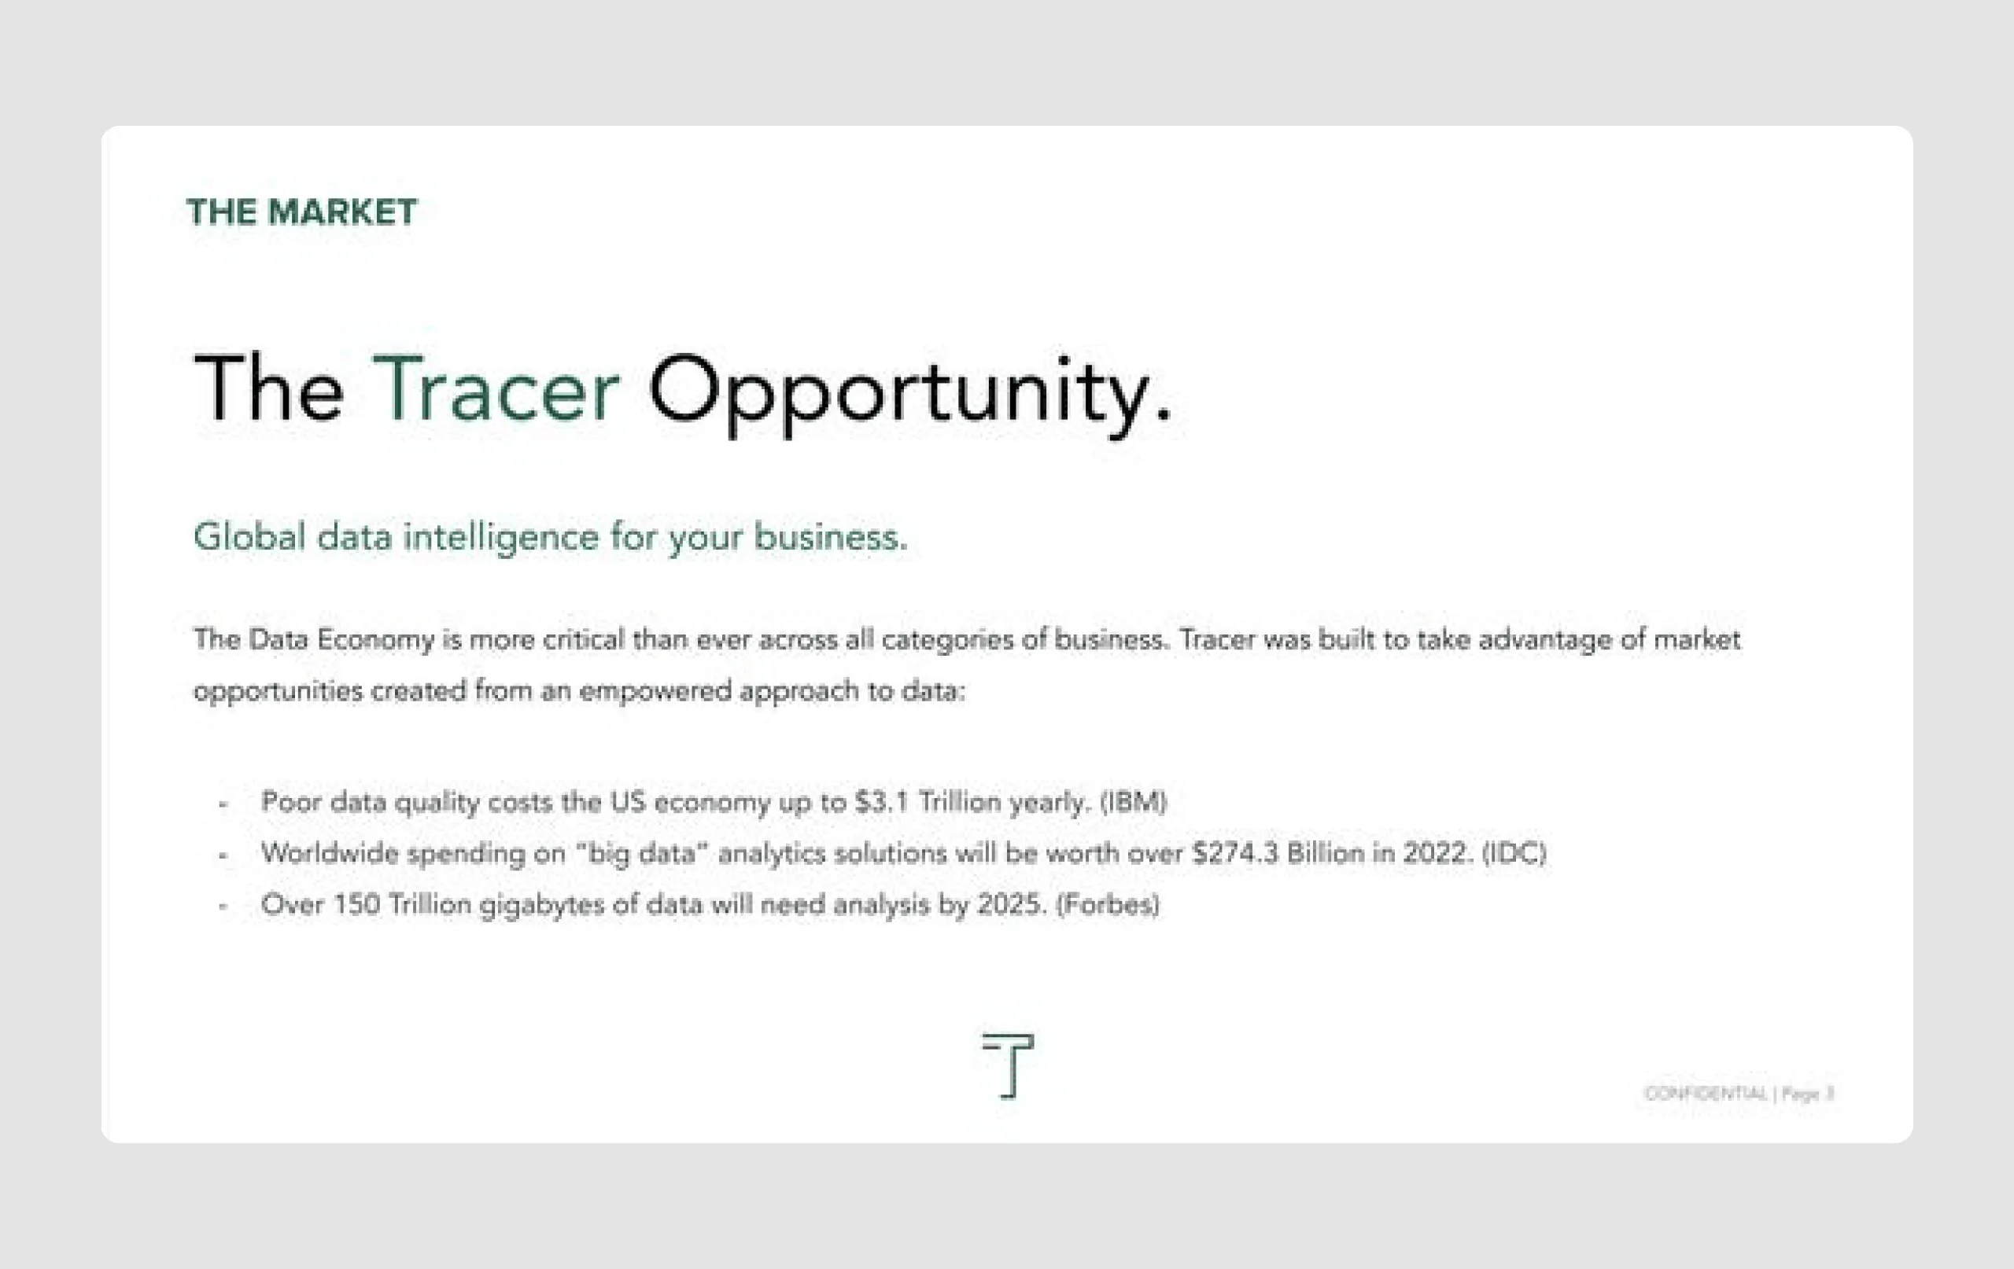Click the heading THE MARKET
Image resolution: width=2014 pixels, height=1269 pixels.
coord(301,212)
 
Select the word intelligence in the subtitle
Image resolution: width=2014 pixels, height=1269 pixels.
coord(501,538)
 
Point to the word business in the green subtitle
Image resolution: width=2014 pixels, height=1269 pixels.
coord(828,537)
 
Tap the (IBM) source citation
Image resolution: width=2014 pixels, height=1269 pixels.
coord(1134,803)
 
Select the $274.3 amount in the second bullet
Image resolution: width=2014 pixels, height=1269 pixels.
coord(1234,854)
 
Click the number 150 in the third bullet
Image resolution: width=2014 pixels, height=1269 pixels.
coord(356,904)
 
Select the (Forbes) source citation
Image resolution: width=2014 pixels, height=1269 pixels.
coord(1108,904)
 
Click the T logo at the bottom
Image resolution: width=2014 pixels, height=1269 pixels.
coord(1009,1065)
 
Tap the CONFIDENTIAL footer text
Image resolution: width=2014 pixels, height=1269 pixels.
coord(1706,1094)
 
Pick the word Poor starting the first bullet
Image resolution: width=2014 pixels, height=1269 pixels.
coord(290,803)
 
